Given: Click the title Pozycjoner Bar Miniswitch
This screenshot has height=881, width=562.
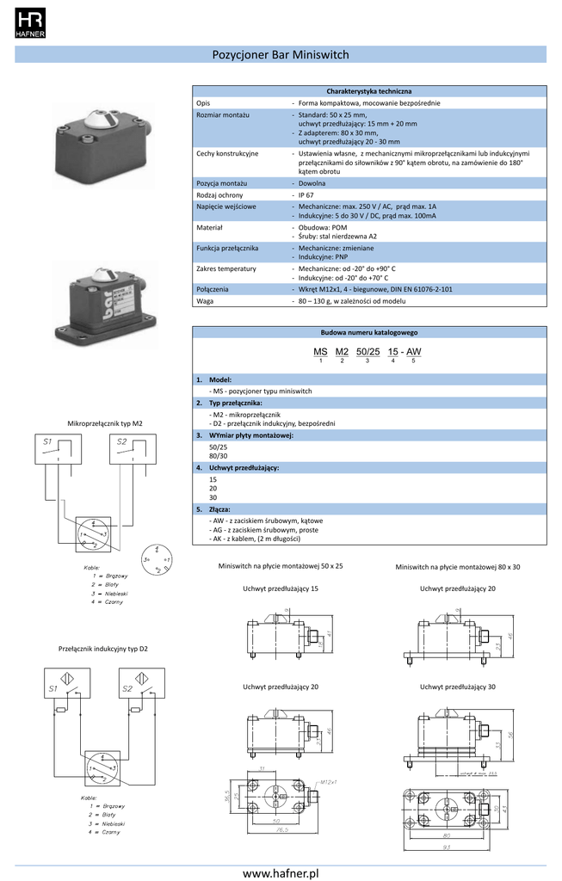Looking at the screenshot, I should click(x=281, y=54).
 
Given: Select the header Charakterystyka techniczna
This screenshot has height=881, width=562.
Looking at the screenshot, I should click(x=368, y=91).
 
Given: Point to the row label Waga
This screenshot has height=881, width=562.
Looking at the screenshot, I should click(x=205, y=302).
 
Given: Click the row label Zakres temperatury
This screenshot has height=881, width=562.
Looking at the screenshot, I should click(x=226, y=268).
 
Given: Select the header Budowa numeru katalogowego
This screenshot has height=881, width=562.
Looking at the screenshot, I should click(x=368, y=332).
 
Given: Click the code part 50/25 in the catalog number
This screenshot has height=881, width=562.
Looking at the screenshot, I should click(x=367, y=353).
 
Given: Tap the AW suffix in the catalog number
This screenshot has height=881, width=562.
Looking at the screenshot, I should click(x=413, y=353).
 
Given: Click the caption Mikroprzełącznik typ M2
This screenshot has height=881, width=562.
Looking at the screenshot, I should click(x=105, y=423).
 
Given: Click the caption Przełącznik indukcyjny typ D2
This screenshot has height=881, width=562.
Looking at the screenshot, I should click(x=102, y=648).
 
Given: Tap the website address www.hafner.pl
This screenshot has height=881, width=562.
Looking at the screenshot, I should click(x=281, y=872).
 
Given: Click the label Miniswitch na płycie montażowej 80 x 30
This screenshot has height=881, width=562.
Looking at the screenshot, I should click(x=458, y=567).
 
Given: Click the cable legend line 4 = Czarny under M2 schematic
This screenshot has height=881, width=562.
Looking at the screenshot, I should click(x=107, y=601).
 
